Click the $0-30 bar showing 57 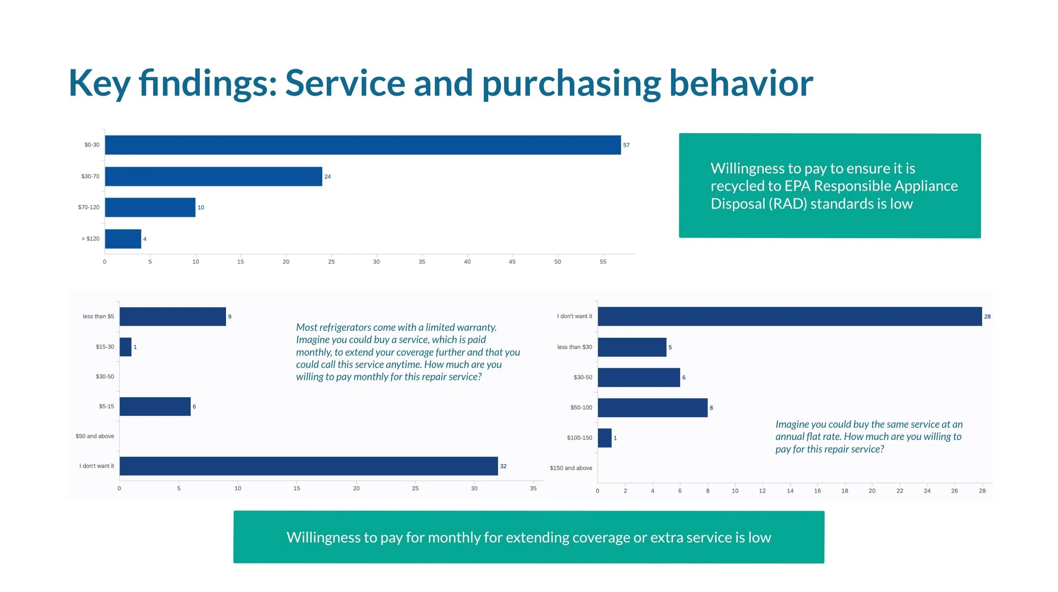(363, 145)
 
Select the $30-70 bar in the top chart (213, 176)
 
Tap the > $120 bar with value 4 (123, 239)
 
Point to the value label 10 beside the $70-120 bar (201, 208)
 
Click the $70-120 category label (88, 207)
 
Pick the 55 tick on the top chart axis (603, 262)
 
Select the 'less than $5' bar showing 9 (173, 317)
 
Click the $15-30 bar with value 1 (125, 347)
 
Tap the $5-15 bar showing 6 (155, 407)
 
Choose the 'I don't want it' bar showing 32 (309, 466)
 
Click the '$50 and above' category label (95, 436)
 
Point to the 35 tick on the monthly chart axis (533, 488)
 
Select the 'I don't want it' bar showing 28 (789, 317)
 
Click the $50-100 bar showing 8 (652, 408)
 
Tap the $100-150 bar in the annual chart (604, 438)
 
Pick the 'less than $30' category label (574, 347)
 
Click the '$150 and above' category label (570, 468)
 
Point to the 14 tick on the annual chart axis (790, 491)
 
